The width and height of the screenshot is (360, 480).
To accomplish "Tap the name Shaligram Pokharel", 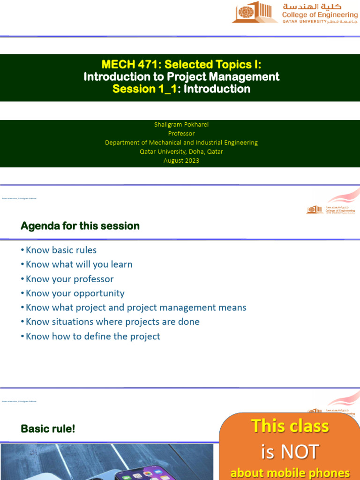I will (181, 124).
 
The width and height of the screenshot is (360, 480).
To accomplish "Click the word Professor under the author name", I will (181, 134).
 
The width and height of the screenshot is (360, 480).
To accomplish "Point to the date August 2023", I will (181, 160).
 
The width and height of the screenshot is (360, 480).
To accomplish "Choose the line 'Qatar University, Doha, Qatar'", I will (181, 151).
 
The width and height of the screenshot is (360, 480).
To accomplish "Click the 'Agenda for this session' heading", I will (80, 226).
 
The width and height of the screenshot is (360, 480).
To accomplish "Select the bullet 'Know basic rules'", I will (61, 250).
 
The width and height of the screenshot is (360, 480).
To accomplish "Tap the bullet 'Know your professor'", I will (69, 279).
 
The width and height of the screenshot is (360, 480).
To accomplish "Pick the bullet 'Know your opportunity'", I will (75, 293).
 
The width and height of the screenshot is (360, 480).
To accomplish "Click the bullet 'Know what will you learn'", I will (79, 264).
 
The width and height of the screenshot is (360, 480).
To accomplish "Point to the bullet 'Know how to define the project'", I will (93, 336).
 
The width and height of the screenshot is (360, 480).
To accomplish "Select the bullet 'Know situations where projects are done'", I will (112, 322).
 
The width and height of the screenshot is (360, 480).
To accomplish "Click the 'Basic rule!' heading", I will (48, 428).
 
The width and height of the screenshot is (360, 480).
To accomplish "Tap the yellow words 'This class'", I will (290, 426).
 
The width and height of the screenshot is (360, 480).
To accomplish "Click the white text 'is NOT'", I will (290, 452).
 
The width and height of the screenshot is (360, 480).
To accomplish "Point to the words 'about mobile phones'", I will (290, 472).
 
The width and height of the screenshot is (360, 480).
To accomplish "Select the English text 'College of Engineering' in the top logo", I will (319, 15).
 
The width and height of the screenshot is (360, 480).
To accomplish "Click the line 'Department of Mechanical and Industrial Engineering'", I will (181, 142).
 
